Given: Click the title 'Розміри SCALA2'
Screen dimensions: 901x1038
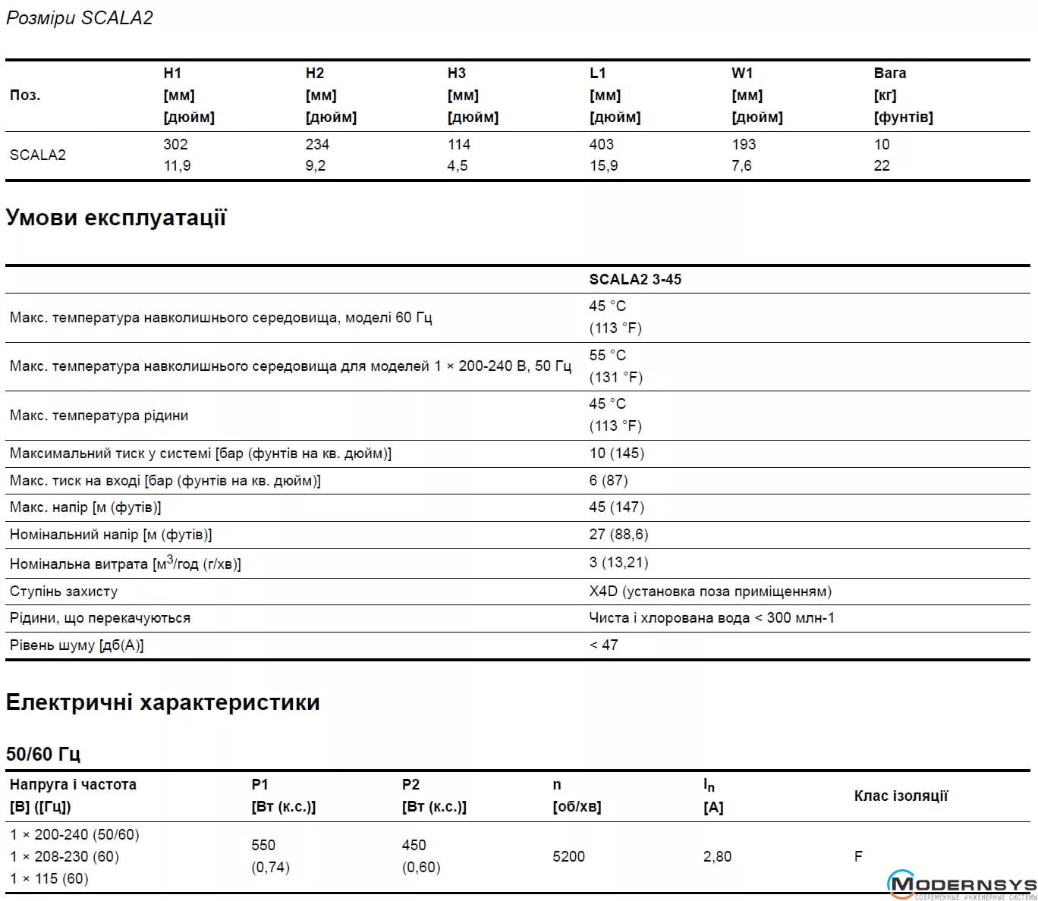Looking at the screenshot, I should (x=80, y=18).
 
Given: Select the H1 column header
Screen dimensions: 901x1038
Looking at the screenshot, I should (x=173, y=74).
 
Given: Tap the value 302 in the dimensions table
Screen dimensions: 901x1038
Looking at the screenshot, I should (x=175, y=144).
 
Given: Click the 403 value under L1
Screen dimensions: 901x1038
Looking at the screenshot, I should (x=602, y=144).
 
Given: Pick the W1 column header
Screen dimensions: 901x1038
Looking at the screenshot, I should (x=742, y=74).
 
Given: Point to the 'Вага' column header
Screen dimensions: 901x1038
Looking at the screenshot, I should (x=889, y=74).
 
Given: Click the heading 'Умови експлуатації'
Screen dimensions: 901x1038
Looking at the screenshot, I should (x=116, y=218).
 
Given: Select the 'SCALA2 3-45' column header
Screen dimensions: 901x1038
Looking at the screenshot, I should (x=635, y=279).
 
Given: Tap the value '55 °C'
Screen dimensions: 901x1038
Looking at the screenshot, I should (x=608, y=355).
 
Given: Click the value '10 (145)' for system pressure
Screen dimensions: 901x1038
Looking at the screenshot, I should (x=616, y=453).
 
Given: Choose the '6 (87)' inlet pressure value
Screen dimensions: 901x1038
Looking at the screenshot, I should (x=609, y=480).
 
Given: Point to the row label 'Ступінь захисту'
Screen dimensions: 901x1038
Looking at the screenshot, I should (x=64, y=591).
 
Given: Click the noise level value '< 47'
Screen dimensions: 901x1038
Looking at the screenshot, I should (x=604, y=645).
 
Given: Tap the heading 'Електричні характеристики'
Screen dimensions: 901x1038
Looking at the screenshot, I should (x=162, y=702).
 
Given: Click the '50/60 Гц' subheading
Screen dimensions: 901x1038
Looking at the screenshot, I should (x=43, y=754).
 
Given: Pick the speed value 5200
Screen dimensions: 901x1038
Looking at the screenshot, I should (x=568, y=856).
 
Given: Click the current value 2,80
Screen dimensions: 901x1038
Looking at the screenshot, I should (x=717, y=856).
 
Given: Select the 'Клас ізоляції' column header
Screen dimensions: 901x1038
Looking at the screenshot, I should (x=901, y=796).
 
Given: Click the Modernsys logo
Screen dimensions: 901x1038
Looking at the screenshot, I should (x=961, y=885).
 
